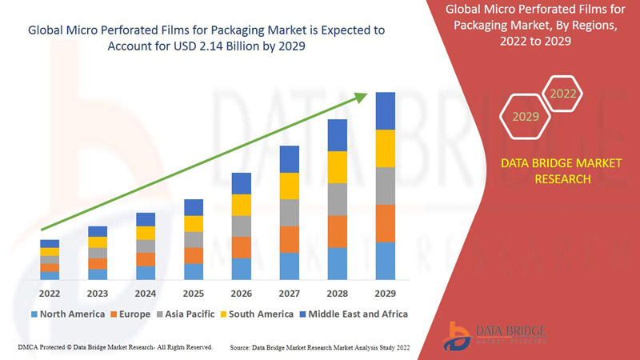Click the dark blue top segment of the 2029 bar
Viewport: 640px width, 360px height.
pyautogui.click(x=386, y=110)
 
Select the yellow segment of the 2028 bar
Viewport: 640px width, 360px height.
pyautogui.click(x=338, y=166)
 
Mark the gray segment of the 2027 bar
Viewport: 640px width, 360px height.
pyautogui.click(x=290, y=212)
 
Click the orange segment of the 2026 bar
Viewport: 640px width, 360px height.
pyautogui.click(x=242, y=247)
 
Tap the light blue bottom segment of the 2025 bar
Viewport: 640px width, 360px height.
pyautogui.click(x=194, y=271)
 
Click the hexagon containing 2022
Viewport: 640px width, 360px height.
pyautogui.click(x=562, y=94)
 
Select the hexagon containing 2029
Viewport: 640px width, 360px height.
pyautogui.click(x=526, y=117)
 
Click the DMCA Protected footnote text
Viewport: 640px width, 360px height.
pyautogui.click(x=114, y=347)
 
